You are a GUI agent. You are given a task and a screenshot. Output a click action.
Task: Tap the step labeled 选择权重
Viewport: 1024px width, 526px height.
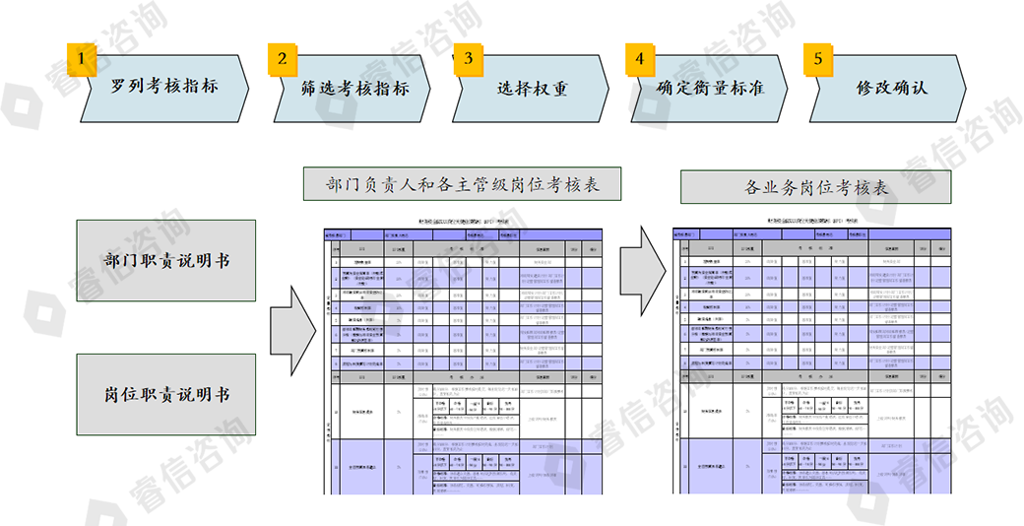532,88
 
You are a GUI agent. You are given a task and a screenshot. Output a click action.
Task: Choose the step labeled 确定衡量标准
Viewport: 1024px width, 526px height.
709,88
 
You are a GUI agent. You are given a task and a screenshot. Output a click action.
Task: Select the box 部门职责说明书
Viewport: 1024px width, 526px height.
166,261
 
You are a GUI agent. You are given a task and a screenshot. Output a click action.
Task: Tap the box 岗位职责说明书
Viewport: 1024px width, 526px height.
166,394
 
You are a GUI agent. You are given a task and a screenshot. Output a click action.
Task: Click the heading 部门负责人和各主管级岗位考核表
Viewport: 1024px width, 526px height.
462,184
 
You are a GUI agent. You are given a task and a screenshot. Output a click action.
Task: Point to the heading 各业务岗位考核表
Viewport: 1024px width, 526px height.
815,186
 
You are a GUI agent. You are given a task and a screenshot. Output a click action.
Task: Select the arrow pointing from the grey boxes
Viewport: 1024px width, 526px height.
293,327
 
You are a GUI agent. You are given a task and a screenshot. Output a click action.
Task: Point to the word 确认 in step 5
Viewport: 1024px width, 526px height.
909,88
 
